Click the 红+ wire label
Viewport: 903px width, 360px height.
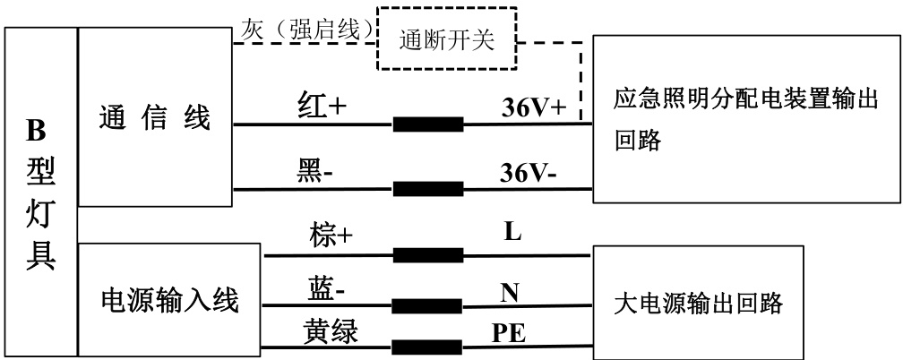click(322, 107)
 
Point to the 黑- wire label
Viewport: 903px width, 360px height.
click(315, 171)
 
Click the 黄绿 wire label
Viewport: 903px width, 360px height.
click(331, 331)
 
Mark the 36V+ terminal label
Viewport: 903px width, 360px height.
click(535, 107)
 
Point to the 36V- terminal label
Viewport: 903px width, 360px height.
click(529, 173)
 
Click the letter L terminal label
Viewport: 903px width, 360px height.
click(512, 232)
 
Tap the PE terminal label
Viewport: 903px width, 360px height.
click(509, 333)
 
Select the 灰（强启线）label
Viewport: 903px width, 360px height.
click(305, 30)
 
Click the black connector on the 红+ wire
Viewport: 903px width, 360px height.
click(428, 124)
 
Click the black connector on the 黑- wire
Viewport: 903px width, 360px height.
click(428, 189)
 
